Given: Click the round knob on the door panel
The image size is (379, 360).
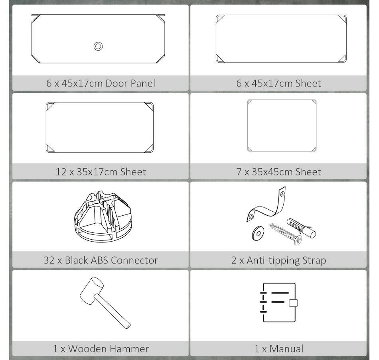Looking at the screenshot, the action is click(98, 46).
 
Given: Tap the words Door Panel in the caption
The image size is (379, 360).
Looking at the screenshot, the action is click(130, 83).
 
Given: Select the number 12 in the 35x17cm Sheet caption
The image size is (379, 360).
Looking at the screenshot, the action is click(61, 172).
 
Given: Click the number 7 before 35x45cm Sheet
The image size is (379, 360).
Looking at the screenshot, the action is click(239, 172).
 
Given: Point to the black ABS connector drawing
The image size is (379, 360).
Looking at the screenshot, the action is click(103, 216).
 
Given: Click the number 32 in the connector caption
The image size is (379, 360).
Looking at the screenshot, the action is click(49, 260).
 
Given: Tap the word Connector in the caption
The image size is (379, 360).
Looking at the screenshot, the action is click(134, 260).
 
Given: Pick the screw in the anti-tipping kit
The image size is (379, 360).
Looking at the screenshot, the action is click(286, 233).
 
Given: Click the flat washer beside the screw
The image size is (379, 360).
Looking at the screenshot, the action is click(258, 233).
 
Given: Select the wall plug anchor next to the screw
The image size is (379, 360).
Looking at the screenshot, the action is click(301, 228).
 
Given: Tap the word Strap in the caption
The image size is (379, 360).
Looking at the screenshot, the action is click(314, 260).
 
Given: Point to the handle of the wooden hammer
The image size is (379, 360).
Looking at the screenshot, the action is click(113, 311).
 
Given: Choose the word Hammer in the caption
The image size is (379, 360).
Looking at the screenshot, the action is click(129, 349).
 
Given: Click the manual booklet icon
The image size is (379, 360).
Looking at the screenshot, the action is click(279, 303).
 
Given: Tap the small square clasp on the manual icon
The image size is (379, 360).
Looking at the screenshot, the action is click(293, 303).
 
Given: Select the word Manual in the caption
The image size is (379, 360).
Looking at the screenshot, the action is click(286, 349).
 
